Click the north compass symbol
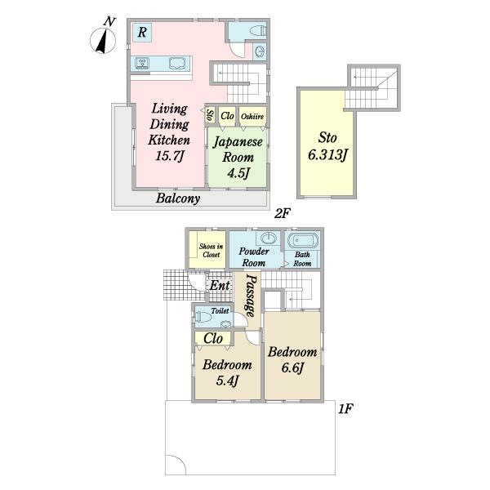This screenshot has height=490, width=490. tap(103, 40)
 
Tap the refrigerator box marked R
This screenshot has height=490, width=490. tap(142, 32)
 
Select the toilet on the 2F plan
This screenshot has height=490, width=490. tap(258, 31)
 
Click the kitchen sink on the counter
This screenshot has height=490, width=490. tap(142, 64)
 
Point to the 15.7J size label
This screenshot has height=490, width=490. tap(169, 155)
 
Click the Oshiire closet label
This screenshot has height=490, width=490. tap(252, 117)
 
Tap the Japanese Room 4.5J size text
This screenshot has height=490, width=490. tap(238, 173)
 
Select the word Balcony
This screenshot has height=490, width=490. tap(178, 198)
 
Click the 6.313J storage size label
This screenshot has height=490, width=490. tap(327, 154)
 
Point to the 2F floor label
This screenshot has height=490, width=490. tap(283, 213)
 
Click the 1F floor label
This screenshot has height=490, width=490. tap(345, 408)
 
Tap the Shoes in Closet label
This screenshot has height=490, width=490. tap(212, 251)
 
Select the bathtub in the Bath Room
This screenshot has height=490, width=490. tap(302, 241)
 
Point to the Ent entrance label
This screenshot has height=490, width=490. tap(220, 285)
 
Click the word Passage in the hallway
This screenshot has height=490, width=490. tap(251, 296)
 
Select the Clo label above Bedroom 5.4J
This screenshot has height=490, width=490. tap(213, 338)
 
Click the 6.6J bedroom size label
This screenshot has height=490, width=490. tap(292, 367)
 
